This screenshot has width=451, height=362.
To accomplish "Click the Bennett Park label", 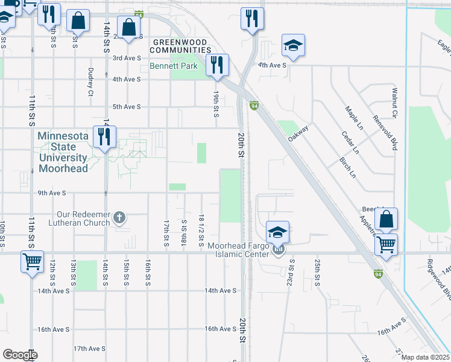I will click(174, 65).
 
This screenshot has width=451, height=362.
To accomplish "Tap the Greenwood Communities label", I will click(179, 46).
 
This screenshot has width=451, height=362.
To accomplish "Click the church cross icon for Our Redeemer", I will click(119, 217).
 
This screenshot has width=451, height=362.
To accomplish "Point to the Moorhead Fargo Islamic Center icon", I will click(277, 249).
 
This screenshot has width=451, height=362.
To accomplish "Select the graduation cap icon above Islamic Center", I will click(277, 232).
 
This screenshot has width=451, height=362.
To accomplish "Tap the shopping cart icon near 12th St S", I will click(33, 262).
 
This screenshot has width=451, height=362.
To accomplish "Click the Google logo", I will click(19, 355).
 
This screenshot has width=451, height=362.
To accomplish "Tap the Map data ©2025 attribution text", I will click(425, 357).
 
